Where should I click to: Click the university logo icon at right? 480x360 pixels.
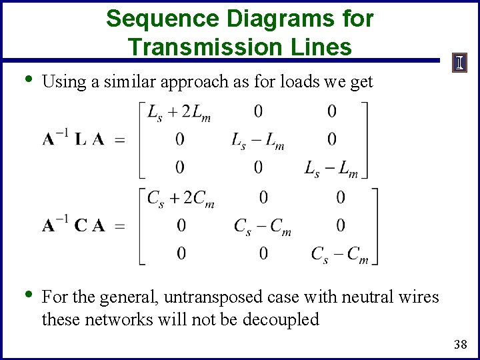(459, 63)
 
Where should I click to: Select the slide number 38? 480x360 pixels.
(460, 345)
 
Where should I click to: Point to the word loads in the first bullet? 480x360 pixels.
(305, 82)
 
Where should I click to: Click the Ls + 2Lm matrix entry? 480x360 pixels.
(179, 112)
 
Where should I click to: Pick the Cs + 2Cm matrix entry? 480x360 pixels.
(181, 198)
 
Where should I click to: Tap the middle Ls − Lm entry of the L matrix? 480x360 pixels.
(258, 141)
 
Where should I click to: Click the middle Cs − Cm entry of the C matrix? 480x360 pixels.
(263, 227)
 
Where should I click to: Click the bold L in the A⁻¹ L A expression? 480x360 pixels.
(80, 139)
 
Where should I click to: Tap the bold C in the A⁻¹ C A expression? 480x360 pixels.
(81, 225)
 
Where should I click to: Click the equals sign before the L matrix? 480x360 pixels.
(120, 141)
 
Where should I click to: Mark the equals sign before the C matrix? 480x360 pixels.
(120, 227)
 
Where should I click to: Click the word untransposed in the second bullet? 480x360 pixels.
(211, 297)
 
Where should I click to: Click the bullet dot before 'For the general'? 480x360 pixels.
(27, 295)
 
